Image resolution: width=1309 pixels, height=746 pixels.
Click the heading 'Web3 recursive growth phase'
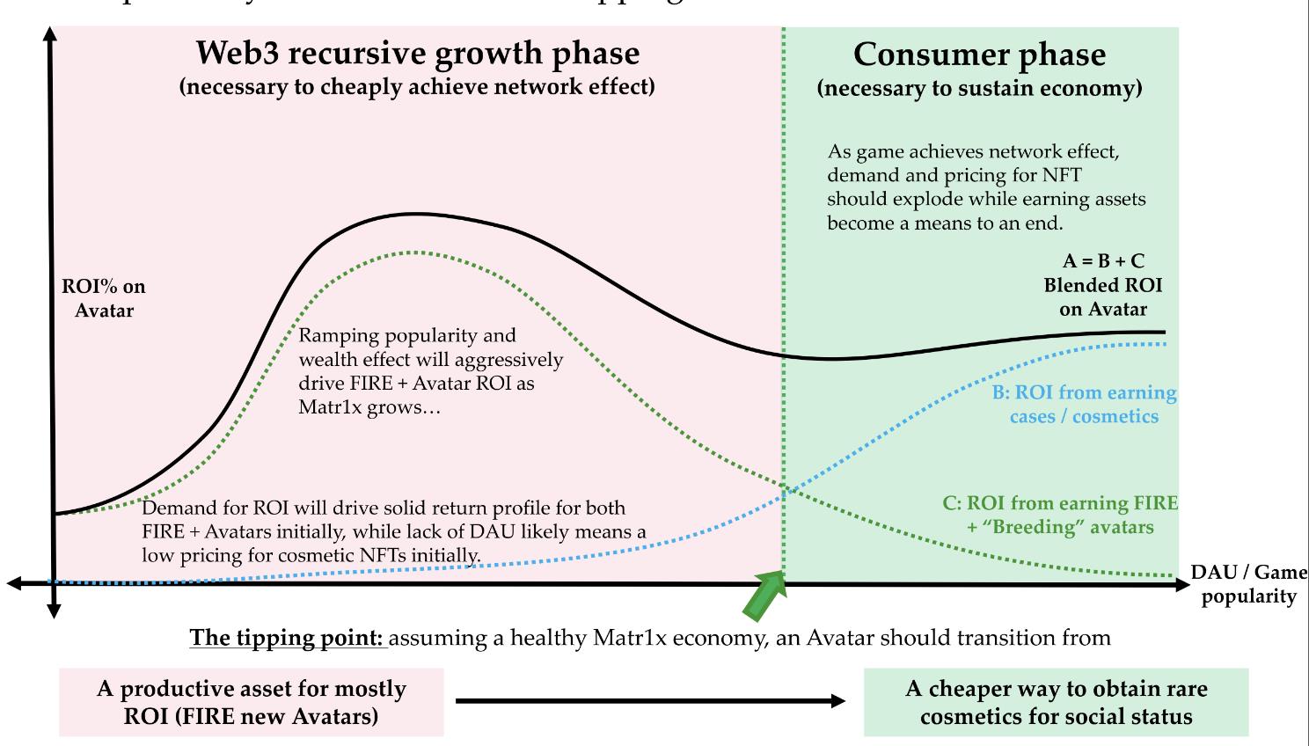click(417, 54)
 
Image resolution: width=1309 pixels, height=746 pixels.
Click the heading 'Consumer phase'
click(979, 55)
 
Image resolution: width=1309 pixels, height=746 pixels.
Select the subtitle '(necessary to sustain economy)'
click(979, 88)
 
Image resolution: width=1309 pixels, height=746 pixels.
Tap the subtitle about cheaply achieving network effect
click(417, 87)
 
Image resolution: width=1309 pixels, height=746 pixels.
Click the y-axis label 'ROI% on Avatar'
click(104, 298)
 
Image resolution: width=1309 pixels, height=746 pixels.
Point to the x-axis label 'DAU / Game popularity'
click(1249, 584)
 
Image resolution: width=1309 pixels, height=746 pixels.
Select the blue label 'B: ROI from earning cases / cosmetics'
click(1084, 405)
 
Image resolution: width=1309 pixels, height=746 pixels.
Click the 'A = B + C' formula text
click(1103, 261)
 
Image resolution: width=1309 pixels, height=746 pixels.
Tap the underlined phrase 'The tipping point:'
click(288, 637)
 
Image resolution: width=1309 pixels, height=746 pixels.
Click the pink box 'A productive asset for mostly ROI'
click(252, 702)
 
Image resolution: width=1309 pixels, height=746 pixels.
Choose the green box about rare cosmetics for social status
click(1056, 702)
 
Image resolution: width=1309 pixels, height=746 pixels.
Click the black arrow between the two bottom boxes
click(651, 701)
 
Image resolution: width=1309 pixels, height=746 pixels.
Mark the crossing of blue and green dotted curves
click(785, 490)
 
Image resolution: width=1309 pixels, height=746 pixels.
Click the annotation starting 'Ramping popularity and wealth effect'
click(430, 371)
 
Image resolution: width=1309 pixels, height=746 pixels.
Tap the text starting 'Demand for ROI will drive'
click(393, 531)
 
